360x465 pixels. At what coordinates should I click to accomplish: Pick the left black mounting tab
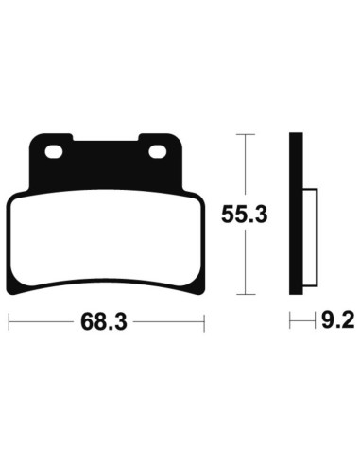tap(53, 156)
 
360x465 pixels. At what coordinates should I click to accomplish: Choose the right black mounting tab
tap(159, 156)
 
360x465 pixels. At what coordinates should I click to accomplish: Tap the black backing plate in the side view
tap(294, 217)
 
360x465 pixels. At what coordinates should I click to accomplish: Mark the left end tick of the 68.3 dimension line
tap(9, 323)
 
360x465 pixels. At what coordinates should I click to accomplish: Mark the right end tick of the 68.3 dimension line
tap(204, 323)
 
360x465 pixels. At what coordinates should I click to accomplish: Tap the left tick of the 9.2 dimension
tap(289, 323)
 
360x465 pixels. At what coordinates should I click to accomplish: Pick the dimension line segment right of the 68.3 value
tap(170, 323)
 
